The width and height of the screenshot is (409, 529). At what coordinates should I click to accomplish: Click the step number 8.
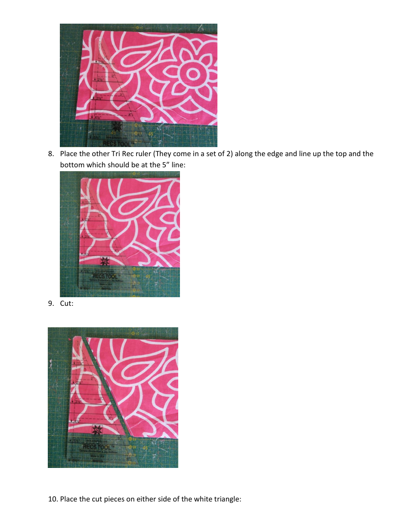[x=50, y=154]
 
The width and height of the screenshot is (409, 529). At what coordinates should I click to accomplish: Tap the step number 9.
[x=50, y=304]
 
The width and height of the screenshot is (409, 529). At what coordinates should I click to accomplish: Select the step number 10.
[x=52, y=499]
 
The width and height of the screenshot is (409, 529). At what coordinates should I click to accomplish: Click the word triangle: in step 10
[x=225, y=499]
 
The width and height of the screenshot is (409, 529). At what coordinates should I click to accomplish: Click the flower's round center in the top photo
[x=190, y=74]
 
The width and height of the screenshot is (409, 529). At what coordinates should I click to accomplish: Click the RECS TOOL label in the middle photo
[x=105, y=276]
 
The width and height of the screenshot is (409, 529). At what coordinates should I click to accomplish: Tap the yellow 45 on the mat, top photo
[x=151, y=134]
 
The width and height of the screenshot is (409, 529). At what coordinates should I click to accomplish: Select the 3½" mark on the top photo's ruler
[x=99, y=98]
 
